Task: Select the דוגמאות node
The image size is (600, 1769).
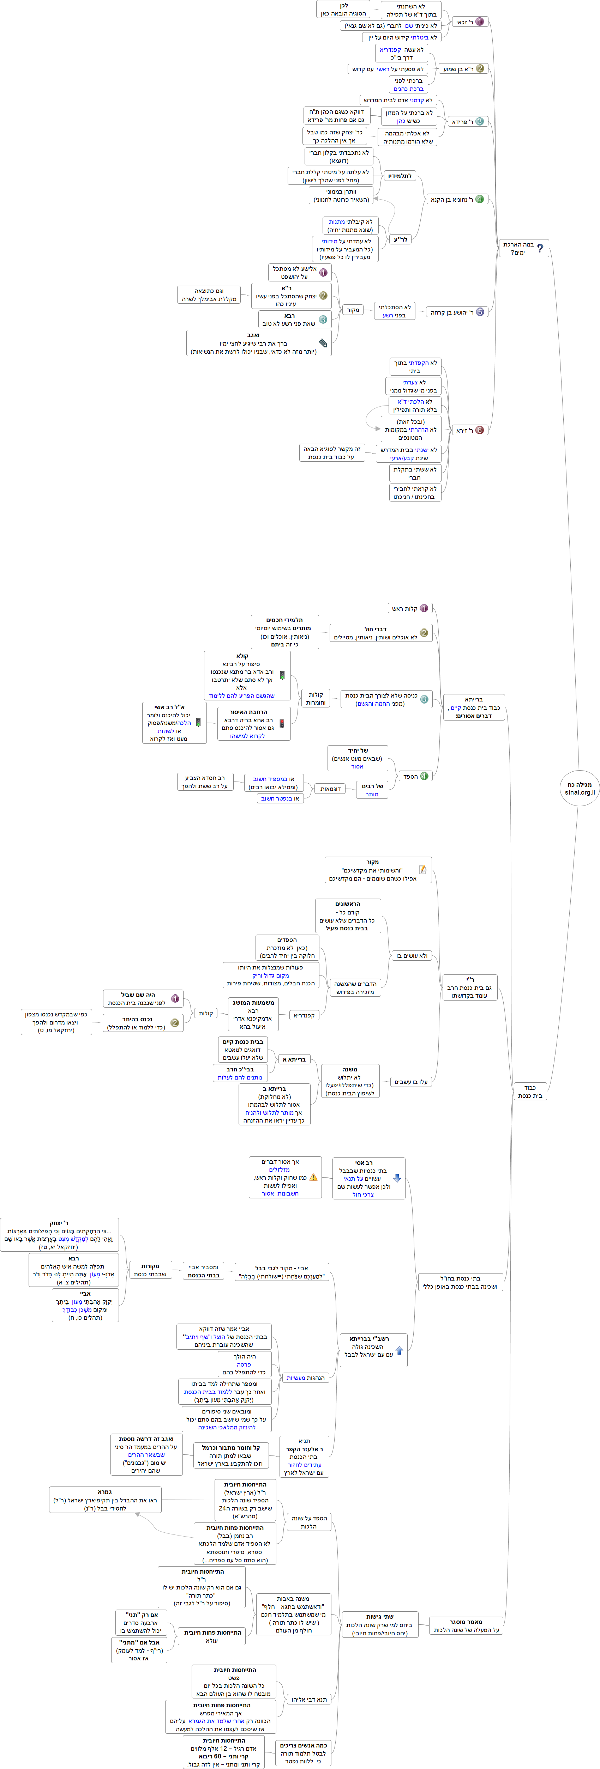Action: tap(331, 789)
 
